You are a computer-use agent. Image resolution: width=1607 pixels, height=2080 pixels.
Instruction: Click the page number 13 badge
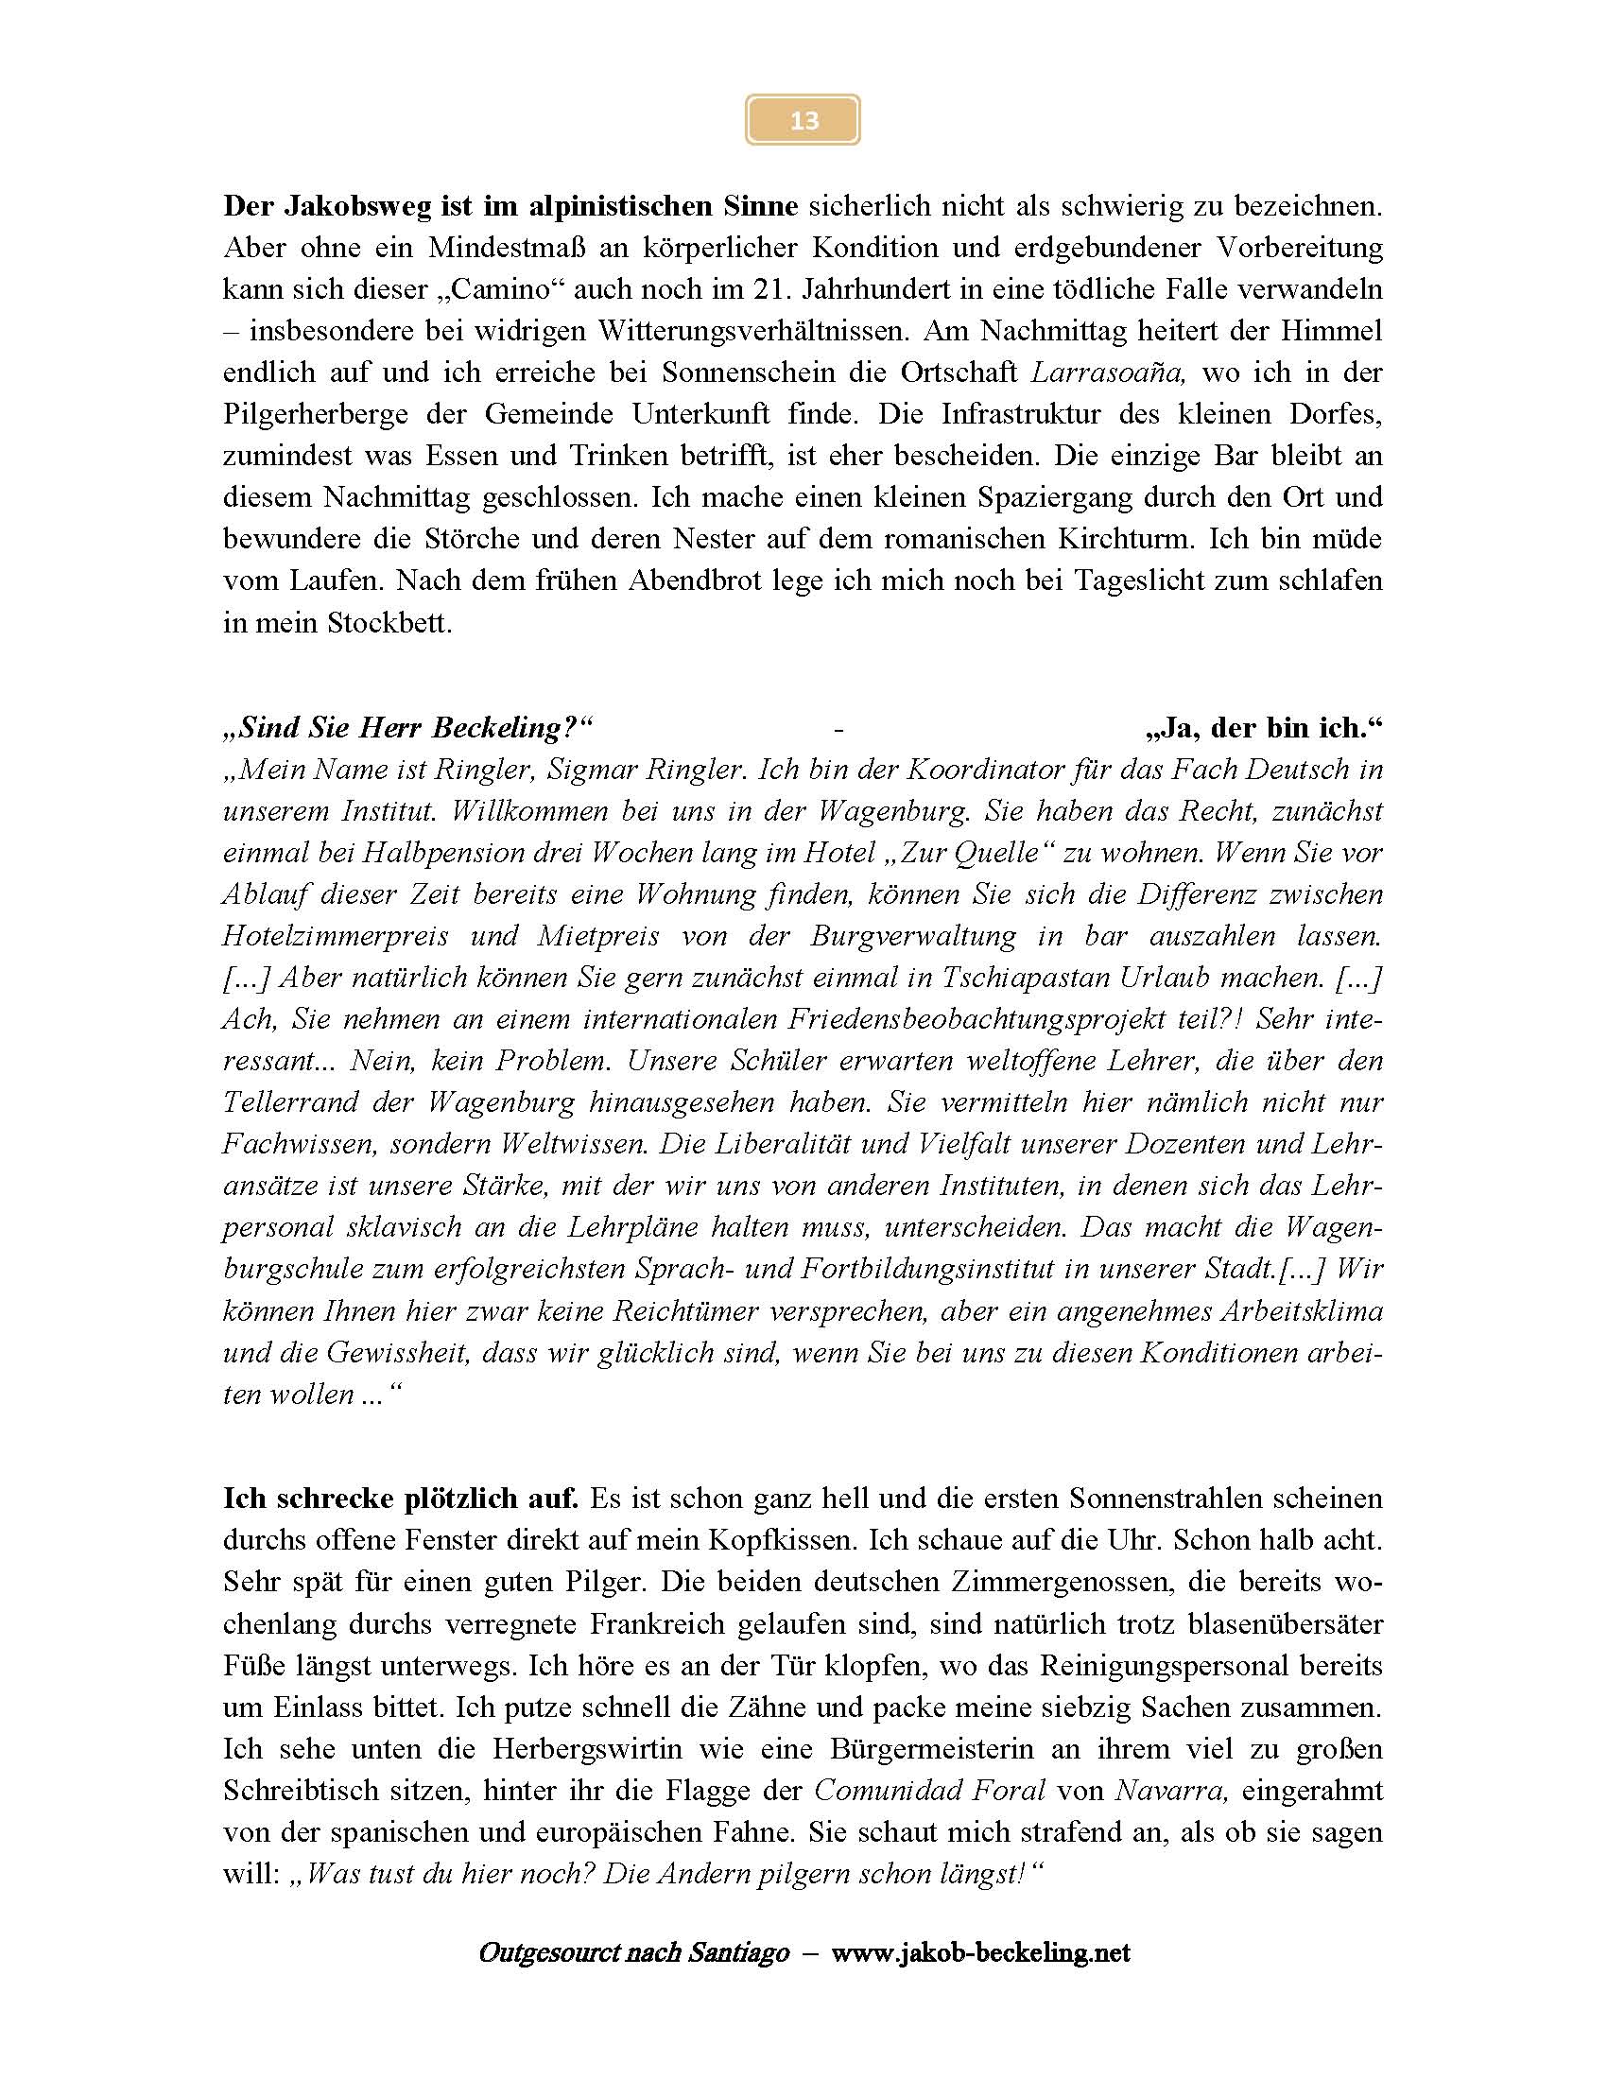803,120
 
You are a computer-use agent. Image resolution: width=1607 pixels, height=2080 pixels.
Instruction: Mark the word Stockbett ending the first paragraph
389,623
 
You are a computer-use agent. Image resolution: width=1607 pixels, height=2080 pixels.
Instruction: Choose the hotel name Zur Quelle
971,853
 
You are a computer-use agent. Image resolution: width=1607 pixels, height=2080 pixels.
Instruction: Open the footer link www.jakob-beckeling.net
979,1953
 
